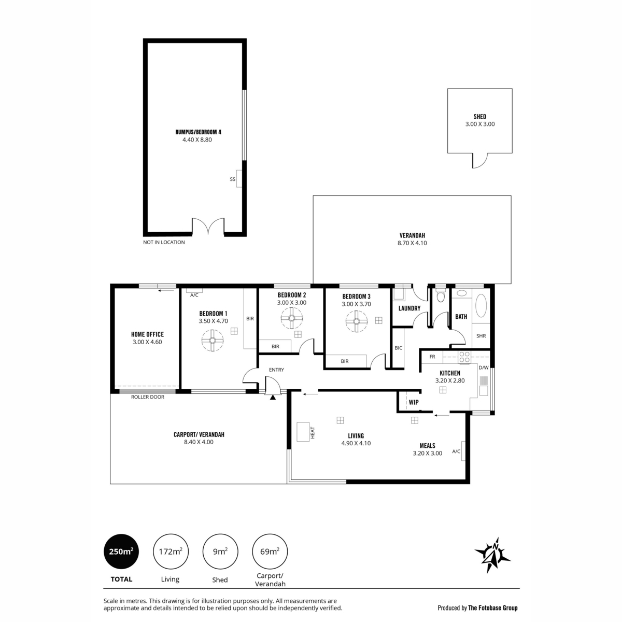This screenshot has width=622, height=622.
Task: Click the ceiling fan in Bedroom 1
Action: click(x=212, y=340)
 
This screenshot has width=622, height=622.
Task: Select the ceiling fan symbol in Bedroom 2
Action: click(x=291, y=318)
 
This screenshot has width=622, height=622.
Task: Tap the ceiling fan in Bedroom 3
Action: click(x=356, y=321)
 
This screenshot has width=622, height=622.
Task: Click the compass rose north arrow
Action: click(x=492, y=555)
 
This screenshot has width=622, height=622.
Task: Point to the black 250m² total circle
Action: click(x=121, y=552)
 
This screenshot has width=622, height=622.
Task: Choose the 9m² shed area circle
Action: click(x=220, y=552)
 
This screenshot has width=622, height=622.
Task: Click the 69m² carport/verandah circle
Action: click(x=270, y=552)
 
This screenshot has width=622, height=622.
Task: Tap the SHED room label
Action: click(x=479, y=117)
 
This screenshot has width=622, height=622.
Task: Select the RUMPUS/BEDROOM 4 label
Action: click(x=198, y=132)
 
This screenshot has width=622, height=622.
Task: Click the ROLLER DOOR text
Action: click(x=148, y=397)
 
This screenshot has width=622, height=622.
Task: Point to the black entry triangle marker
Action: click(x=273, y=398)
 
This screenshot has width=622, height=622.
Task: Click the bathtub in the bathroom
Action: click(x=480, y=305)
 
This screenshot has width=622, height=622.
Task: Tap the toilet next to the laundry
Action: click(x=440, y=295)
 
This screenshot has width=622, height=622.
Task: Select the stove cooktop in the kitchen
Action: click(x=464, y=357)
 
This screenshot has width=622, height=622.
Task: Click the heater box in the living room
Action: click(x=303, y=432)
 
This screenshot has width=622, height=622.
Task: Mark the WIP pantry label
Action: click(x=414, y=402)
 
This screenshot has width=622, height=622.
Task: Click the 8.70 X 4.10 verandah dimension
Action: click(x=412, y=243)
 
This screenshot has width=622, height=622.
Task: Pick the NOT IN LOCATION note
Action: click(x=164, y=242)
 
